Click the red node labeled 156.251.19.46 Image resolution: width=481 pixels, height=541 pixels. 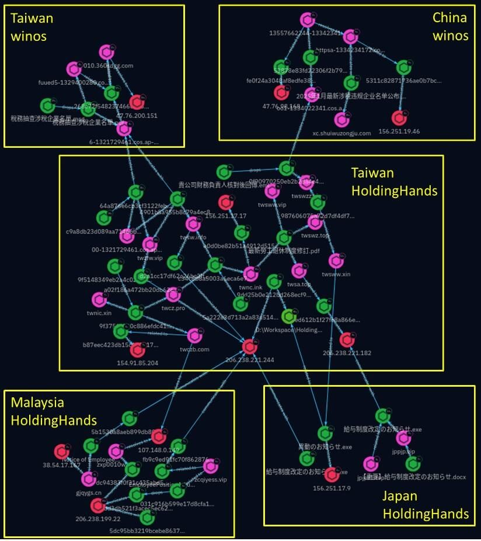399,117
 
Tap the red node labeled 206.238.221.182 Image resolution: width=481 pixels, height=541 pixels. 347,339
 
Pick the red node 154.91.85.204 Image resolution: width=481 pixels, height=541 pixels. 138,350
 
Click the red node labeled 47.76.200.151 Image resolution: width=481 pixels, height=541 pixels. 138,102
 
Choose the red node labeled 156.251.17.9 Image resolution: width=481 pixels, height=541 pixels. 332,474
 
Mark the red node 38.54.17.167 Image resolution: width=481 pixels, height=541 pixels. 61,452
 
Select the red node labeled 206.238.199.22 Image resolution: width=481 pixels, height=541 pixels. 97,505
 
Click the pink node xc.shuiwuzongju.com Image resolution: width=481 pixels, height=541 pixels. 341,120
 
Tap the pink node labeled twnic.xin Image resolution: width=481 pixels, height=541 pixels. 99,300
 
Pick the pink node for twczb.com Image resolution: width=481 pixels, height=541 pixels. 194,335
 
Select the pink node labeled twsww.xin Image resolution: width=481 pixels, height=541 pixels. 336,261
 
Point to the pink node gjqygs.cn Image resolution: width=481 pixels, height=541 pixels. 88,479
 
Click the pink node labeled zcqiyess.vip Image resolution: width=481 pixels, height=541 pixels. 210,466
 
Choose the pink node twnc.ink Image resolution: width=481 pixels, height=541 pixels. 250,273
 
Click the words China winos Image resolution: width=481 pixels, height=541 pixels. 450,27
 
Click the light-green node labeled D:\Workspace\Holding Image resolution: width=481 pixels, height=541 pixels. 288,317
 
